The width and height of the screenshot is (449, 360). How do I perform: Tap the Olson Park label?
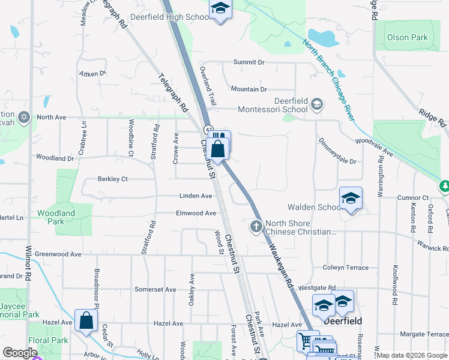pyautogui.click(x=408, y=37)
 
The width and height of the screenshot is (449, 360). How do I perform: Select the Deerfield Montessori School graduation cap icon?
pyautogui.click(x=316, y=106)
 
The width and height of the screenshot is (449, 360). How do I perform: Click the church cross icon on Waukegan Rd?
pyautogui.click(x=256, y=227)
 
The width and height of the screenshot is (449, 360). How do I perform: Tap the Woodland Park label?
pyautogui.click(x=56, y=217)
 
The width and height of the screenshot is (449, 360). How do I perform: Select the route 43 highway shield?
pyautogui.click(x=208, y=129)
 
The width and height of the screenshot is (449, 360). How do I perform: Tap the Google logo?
pyautogui.click(x=20, y=353)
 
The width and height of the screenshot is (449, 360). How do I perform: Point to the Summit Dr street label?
pyautogui.click(x=249, y=62)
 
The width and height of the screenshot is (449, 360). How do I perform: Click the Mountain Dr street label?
pyautogui.click(x=249, y=89)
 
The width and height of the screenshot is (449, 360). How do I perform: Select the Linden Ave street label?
pyautogui.click(x=196, y=196)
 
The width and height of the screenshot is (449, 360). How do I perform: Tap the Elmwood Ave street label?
pyautogui.click(x=196, y=213)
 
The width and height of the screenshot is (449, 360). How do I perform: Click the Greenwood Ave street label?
pyautogui.click(x=58, y=254)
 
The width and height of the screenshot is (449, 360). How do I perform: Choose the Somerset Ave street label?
pyautogui.click(x=155, y=289)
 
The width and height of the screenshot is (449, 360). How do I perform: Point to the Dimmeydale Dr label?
pyautogui.click(x=337, y=161)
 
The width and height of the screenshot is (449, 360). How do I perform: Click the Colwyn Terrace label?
pyautogui.click(x=345, y=268)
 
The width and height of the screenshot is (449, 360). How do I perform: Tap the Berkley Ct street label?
pyautogui.click(x=113, y=179)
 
